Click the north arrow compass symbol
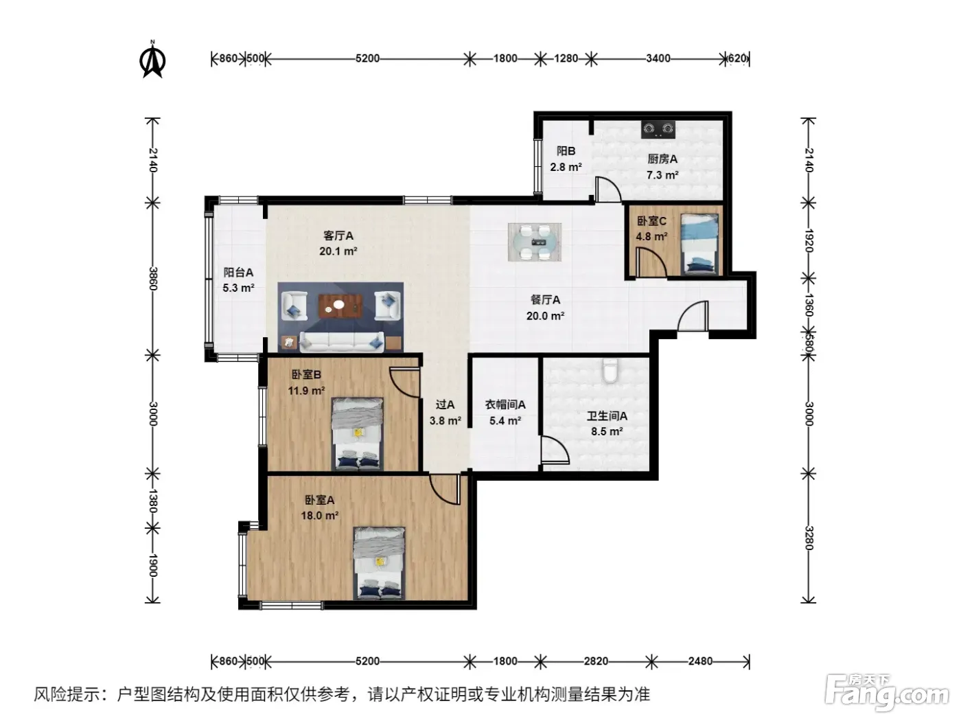[152, 59]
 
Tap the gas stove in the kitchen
[658, 129]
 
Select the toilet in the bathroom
[610, 370]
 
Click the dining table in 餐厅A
[535, 242]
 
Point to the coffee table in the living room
[340, 306]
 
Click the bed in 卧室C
[699, 244]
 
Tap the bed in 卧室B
[358, 434]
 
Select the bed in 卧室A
[379, 563]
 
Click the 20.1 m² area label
[338, 251]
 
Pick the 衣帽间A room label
[505, 405]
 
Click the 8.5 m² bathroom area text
[607, 432]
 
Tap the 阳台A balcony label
[238, 273]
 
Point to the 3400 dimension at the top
[658, 58]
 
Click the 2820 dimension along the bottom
[595, 661]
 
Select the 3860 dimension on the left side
[153, 278]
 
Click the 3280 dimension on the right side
[809, 538]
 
